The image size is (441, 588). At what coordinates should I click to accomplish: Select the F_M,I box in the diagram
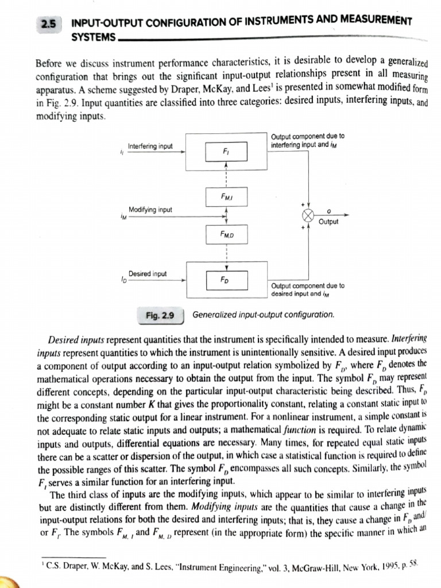tap(226, 197)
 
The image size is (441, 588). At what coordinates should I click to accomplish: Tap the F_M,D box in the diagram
tap(226, 234)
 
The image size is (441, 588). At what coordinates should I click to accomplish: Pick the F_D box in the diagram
tap(226, 281)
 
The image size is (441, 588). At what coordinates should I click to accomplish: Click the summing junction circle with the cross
tap(308, 215)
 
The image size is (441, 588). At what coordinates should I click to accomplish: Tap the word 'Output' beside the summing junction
tap(328, 222)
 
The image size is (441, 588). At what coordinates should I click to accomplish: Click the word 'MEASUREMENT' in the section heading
tap(374, 22)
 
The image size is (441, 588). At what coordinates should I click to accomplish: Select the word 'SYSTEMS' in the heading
tap(92, 37)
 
